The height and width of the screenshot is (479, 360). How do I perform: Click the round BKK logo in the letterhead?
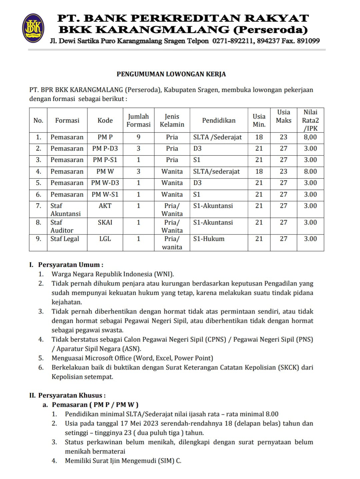point(33,28)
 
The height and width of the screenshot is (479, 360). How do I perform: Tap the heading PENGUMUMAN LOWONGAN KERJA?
point(171,74)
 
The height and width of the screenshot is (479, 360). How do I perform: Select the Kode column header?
point(105,120)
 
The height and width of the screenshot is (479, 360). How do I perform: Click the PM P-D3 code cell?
point(105,149)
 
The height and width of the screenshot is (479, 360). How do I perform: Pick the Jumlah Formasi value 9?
point(138,137)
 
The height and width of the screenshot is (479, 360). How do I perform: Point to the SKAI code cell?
point(105,222)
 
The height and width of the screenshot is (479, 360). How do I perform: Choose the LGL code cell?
point(105,239)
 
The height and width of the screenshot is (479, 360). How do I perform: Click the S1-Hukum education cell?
point(209,239)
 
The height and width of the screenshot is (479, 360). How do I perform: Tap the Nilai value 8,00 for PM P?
point(310,137)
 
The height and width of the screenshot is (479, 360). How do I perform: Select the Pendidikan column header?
point(219,120)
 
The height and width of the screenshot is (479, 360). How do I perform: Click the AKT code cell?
point(105,206)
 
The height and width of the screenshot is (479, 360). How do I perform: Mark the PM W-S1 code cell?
point(105,195)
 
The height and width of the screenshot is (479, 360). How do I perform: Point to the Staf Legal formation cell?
point(65,239)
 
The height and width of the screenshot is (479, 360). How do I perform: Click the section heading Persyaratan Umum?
point(70,265)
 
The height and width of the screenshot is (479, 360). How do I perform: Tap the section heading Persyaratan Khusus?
point(72,395)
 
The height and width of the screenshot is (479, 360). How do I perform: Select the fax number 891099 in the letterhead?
point(308,41)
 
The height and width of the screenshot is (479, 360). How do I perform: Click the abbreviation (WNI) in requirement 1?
point(163,274)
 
